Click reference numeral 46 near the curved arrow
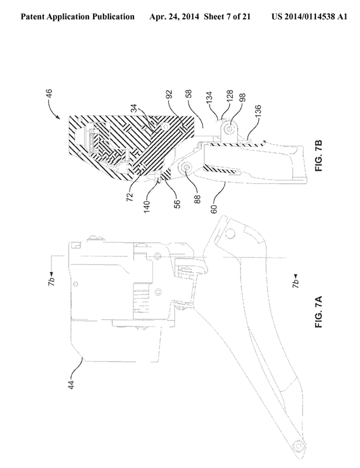pos(49,93)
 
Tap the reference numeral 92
pos(169,95)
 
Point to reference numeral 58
pos(188,94)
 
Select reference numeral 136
pos(258,111)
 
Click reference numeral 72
pos(130,197)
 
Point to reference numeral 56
pos(177,204)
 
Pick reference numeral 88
pos(197,199)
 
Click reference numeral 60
pos(214,209)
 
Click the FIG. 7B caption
pos(319,156)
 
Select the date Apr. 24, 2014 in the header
pos(174,16)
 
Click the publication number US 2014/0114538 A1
pos(309,16)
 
